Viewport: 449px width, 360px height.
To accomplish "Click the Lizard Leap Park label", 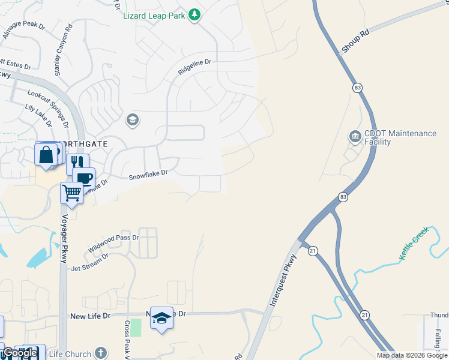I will point(154,16).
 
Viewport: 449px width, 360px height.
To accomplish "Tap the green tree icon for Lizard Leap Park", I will point(194,14).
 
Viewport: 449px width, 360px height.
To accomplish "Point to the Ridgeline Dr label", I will point(195,67).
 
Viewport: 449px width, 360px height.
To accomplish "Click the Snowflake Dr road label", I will point(147,174).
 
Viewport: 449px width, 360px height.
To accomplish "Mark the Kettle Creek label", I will point(414,243).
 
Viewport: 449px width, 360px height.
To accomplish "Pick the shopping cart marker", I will point(71,193).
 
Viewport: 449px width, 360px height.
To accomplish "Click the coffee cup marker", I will point(84,178).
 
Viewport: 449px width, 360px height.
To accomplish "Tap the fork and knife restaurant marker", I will point(77,163).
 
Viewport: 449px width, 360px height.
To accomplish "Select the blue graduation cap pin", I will point(161,317).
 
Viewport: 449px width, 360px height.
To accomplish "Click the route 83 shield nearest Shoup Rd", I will point(358,88).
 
